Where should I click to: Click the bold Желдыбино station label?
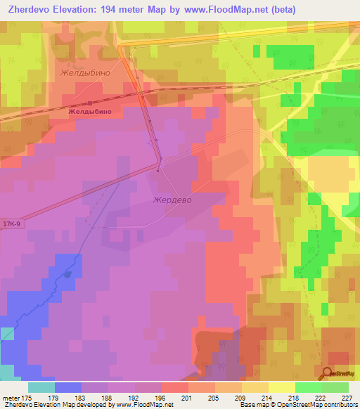coord(90,111)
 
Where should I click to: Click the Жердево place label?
coord(172,200)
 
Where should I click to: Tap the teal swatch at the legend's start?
coord(41,387)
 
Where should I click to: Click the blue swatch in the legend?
coord(68,387)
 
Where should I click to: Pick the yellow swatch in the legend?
coord(282,387)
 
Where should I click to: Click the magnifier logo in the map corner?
coord(327,374)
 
